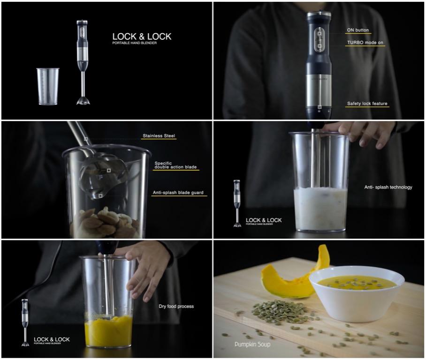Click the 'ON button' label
pos(358,30)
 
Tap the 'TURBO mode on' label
pos(365,42)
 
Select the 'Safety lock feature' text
pos(367,103)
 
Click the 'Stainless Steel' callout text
pos(159,136)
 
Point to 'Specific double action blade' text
pos(175,165)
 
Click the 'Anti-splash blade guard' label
pos(179,192)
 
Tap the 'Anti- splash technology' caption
pos(388,187)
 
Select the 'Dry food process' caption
pos(176,306)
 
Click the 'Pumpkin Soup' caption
pos(252,345)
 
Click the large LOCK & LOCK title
pos(142,37)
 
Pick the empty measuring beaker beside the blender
pos(48,86)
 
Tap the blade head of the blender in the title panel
pos(83,100)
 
